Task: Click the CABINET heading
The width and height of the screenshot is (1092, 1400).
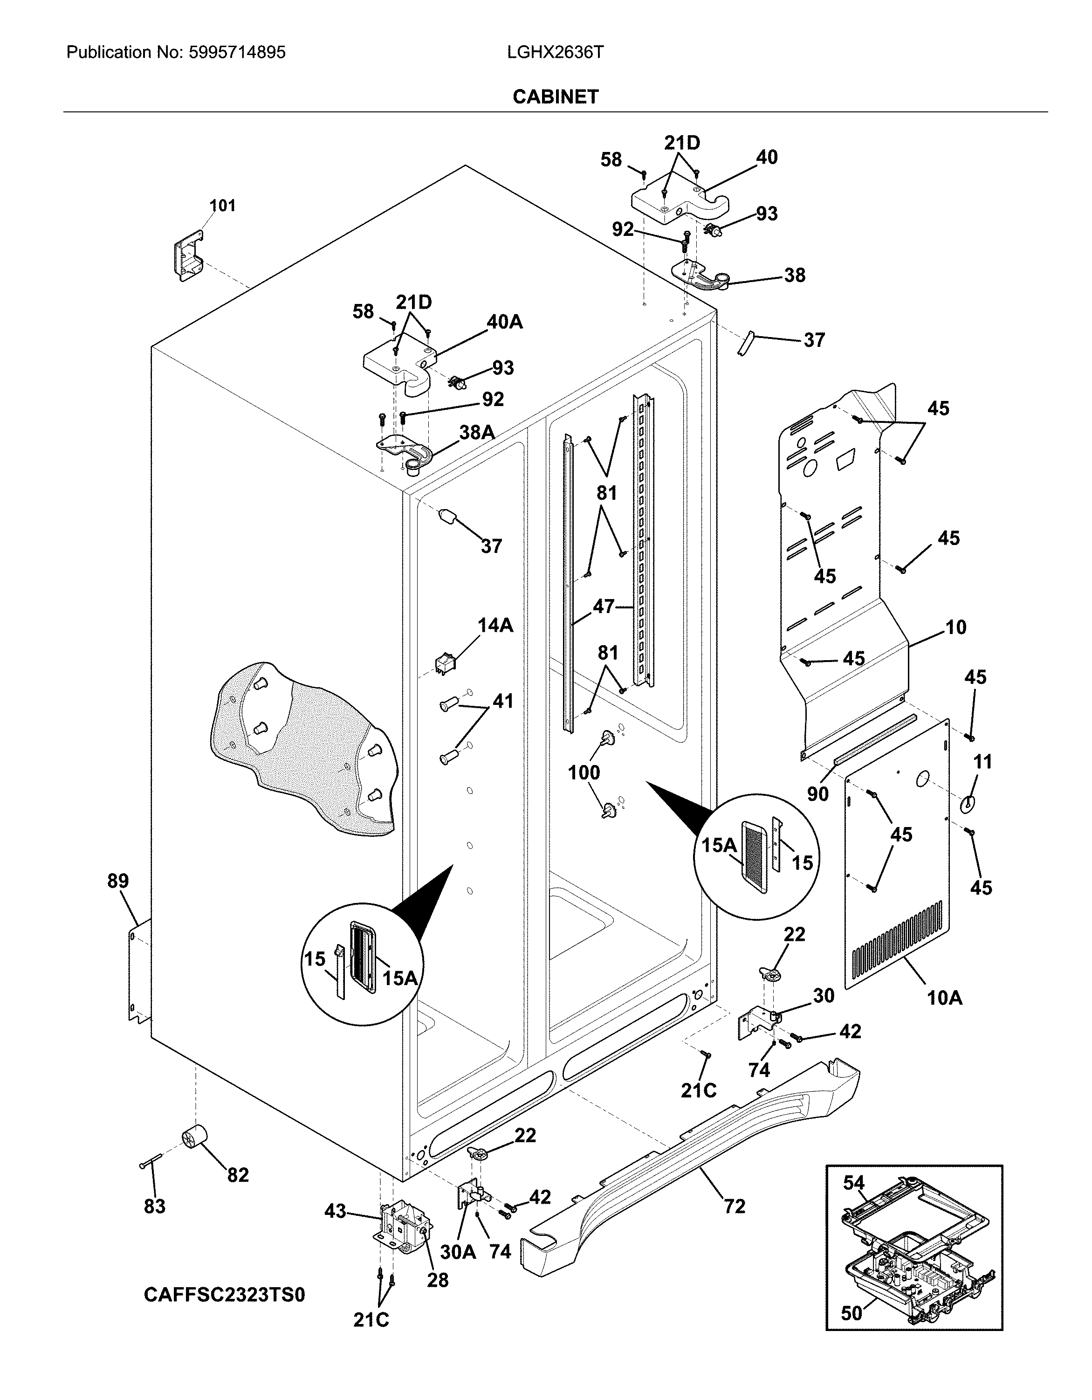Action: (555, 97)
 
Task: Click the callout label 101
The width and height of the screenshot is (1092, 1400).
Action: (222, 206)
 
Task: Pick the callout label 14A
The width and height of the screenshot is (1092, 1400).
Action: (495, 625)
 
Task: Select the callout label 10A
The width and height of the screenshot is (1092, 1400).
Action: (945, 998)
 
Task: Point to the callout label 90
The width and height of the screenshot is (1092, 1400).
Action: (817, 793)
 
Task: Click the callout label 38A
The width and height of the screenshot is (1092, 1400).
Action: (477, 433)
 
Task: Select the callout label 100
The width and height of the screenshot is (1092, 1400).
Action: (584, 772)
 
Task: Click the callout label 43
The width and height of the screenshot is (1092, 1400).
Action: (335, 1211)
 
